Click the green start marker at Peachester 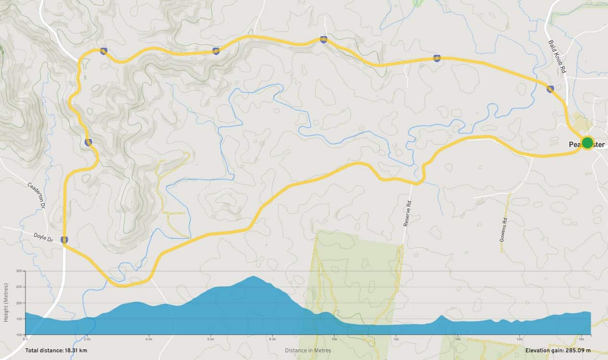click(587, 143)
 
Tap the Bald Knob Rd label click(557, 56)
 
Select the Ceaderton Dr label click(36, 195)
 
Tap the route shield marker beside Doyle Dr click(64, 239)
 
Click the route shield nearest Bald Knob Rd click(550, 88)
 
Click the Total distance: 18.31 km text click(56, 351)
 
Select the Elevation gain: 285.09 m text click(558, 351)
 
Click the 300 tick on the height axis click(20, 271)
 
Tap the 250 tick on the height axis click(20, 287)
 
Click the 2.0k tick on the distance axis click(87, 339)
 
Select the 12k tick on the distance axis click(396, 339)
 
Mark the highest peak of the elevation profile click(253, 276)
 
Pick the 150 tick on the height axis click(20, 319)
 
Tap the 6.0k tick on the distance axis click(210, 339)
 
